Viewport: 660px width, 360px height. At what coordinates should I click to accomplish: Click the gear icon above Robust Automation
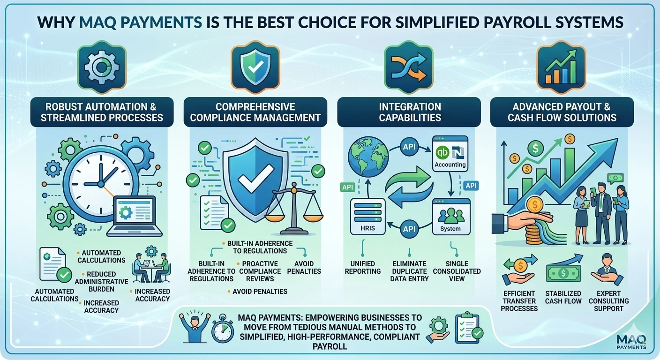(102, 67)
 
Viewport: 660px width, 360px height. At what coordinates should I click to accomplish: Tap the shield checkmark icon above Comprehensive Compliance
(255, 67)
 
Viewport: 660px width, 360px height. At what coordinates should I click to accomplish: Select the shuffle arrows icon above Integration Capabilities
(409, 67)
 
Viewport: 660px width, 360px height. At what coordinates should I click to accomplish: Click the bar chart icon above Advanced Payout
(561, 67)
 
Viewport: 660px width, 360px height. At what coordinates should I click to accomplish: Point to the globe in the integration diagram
(368, 157)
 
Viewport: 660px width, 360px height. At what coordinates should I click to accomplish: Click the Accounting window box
(450, 153)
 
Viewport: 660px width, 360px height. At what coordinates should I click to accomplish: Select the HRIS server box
(367, 217)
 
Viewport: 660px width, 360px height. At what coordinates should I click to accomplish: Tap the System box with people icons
(451, 217)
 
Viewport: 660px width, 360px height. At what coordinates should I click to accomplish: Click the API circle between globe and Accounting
(409, 146)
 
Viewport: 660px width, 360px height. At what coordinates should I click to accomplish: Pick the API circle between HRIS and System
(409, 229)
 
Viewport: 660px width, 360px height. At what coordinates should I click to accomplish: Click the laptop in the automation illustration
(135, 216)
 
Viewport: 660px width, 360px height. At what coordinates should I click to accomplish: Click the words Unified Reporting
(363, 268)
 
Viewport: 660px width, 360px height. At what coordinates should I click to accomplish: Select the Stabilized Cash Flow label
(563, 297)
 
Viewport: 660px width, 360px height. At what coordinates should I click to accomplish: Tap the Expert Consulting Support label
(609, 301)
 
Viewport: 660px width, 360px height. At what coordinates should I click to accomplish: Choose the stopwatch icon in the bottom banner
(223, 329)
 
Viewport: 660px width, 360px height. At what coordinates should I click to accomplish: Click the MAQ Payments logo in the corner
(631, 341)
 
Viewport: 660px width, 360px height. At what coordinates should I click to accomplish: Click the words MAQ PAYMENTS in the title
(141, 22)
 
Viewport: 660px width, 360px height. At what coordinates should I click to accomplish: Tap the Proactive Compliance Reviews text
(260, 271)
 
